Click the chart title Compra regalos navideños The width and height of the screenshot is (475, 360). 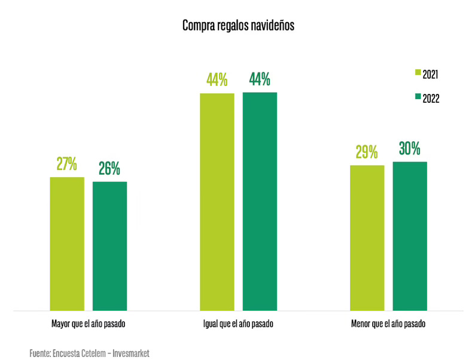[238, 26]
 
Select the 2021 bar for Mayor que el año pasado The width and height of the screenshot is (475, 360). [67, 244]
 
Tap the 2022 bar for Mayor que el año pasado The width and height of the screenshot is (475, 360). [109, 246]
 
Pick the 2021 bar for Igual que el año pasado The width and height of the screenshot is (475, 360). [217, 202]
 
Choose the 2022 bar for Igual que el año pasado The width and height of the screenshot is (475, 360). [260, 202]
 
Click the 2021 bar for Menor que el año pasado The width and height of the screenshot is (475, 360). [367, 238]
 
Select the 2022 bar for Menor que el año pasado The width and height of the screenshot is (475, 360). [410, 236]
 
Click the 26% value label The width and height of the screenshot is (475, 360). [109, 169]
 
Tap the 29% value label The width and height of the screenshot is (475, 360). [367, 152]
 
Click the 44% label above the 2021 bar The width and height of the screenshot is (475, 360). [217, 80]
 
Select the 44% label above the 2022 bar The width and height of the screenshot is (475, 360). [260, 80]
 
